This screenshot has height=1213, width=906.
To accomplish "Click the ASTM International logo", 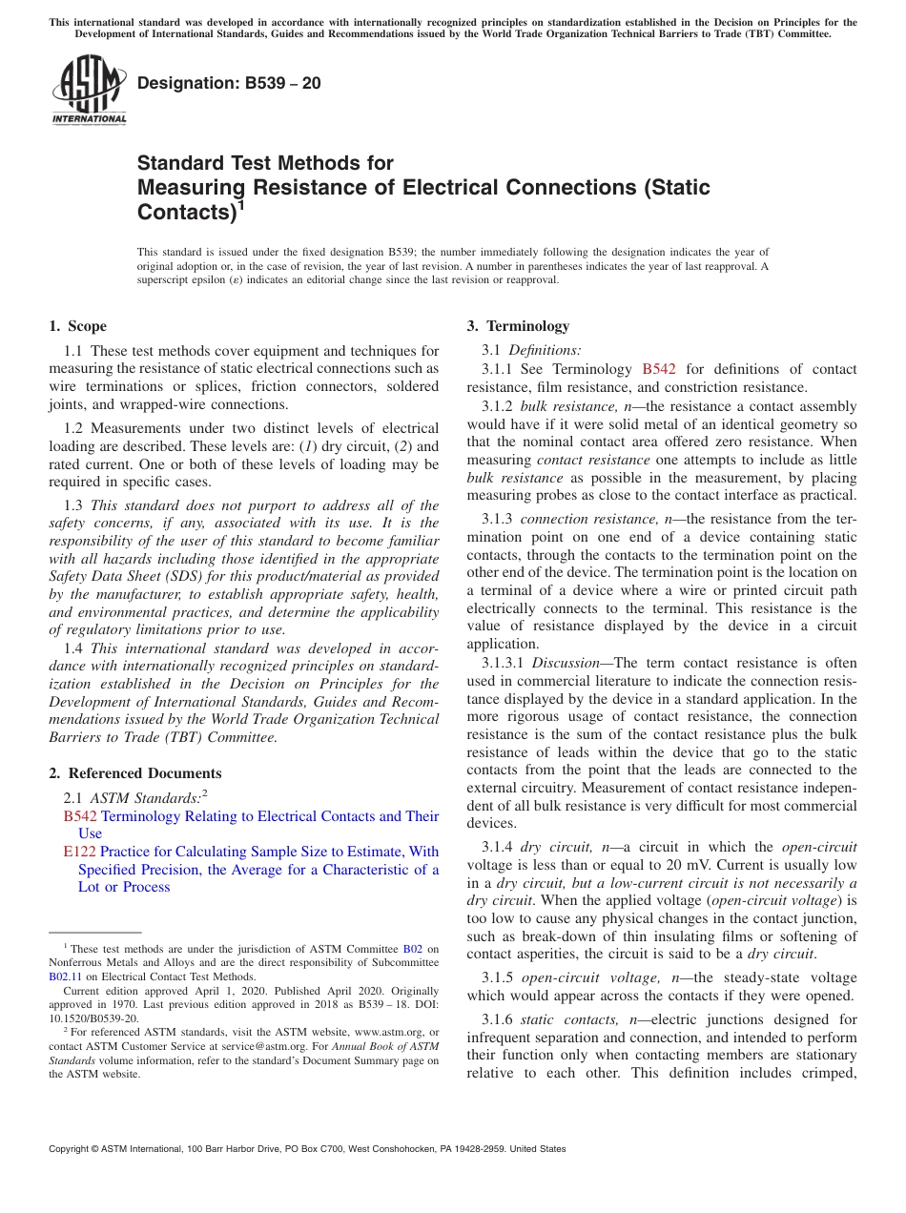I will tap(88, 91).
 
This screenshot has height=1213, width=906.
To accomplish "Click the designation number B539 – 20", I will tap(229, 84).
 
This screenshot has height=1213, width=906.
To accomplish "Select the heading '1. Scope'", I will tap(77, 326).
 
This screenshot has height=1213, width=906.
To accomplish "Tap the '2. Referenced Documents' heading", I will tap(134, 773).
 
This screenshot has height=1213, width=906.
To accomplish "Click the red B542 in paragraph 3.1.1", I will tap(659, 369).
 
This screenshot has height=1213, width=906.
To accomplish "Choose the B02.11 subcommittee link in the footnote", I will tap(66, 977).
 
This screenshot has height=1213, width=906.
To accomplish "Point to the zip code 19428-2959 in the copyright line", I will tap(492, 1149).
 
